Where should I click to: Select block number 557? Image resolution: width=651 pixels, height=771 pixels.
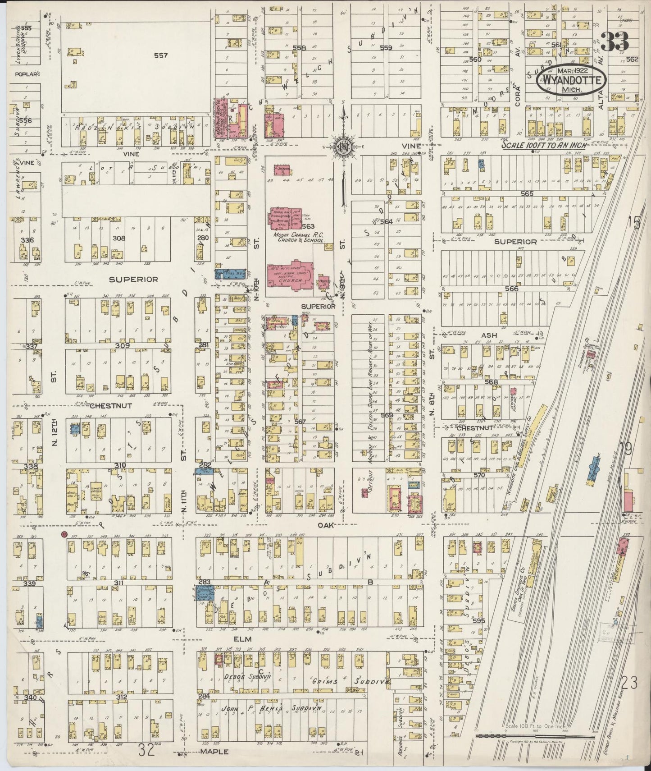160,56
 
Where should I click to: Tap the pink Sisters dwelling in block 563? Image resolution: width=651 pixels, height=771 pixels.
282,170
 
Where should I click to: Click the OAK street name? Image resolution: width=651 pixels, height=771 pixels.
324,525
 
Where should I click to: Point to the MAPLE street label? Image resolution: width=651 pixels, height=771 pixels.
218,752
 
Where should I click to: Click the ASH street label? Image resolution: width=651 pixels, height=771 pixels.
489,335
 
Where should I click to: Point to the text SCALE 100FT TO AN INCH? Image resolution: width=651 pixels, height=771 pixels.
545,146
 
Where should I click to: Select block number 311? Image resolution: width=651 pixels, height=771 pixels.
119,583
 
